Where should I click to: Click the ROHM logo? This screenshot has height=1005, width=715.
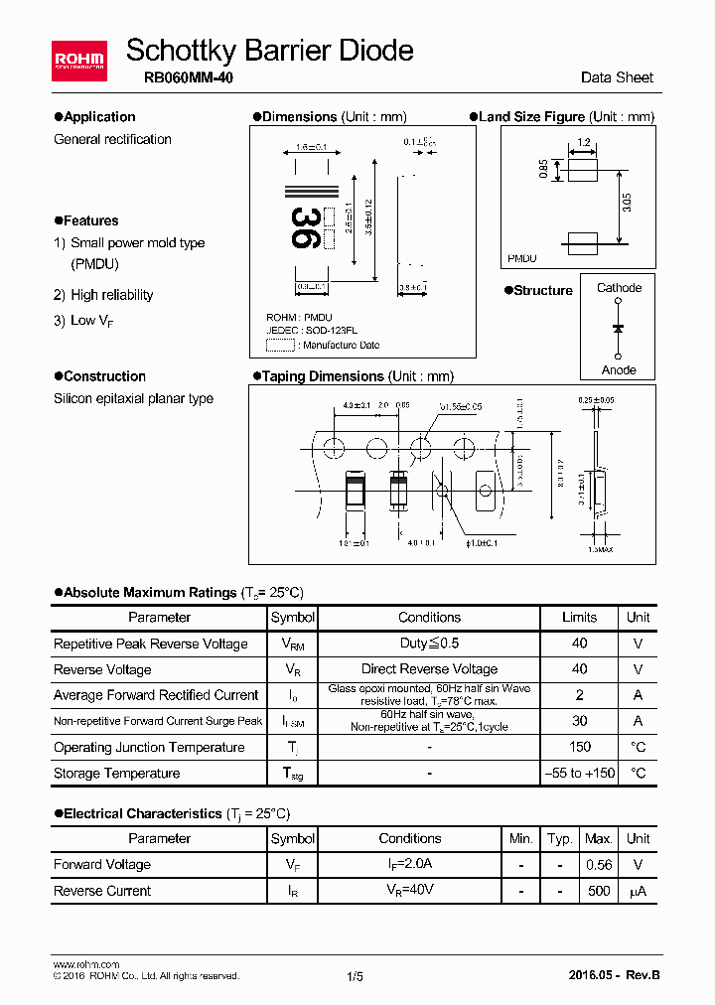pos(79,59)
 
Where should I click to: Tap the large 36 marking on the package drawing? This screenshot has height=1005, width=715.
pos(305,227)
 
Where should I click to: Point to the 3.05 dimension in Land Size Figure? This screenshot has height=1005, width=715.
pos(627,206)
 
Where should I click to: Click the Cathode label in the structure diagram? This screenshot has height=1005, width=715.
pos(619,288)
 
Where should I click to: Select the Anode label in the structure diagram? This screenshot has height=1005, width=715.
pos(619,370)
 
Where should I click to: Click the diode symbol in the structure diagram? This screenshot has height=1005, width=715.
pos(619,328)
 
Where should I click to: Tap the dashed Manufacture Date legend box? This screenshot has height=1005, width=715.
pos(281,346)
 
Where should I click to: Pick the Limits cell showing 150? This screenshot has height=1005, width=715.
pos(580,747)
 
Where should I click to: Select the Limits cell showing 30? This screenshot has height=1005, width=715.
pos(580,721)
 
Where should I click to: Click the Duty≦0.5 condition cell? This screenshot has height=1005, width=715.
pos(429,644)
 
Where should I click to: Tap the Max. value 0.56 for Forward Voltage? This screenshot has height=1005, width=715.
pos(599,865)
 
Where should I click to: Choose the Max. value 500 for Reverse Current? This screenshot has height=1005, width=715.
pos(599,891)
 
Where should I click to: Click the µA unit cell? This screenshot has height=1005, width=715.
pos(638,891)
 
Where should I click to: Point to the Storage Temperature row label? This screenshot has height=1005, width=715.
pos(116,773)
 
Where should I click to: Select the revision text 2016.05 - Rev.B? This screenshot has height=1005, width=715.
pos(615,975)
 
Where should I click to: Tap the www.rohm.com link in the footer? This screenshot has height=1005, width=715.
pos(86,964)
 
